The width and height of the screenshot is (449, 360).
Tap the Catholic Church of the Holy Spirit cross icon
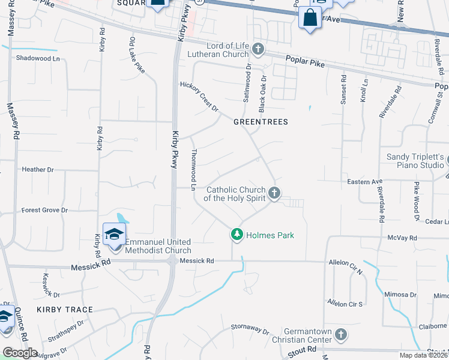click(274, 193)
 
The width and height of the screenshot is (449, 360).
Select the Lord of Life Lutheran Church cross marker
click(258, 49)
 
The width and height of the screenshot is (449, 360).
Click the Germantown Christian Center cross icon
click(340, 334)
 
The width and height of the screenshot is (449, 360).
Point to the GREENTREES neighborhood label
click(261, 122)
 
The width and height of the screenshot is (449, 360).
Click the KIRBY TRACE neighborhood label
click(65, 310)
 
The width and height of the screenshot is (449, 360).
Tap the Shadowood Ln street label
click(40, 58)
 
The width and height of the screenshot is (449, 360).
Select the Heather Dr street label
click(38, 170)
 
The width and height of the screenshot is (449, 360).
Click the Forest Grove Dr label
click(44, 211)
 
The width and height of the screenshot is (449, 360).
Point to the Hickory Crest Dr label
click(200, 97)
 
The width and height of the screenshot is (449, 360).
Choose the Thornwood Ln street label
click(194, 170)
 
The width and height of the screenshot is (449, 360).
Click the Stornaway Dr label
click(251, 329)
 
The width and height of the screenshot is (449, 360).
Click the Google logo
click(20, 353)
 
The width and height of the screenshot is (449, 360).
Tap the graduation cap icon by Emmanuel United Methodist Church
click(114, 234)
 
